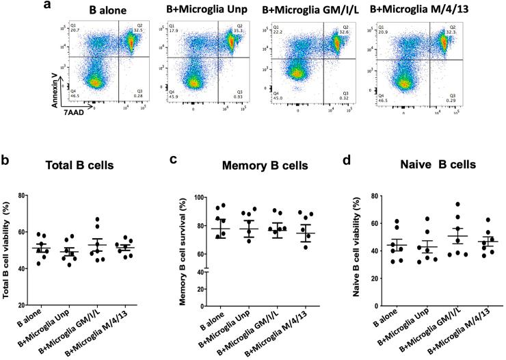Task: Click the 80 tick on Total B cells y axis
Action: (23, 196)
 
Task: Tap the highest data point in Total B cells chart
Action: (98, 220)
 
